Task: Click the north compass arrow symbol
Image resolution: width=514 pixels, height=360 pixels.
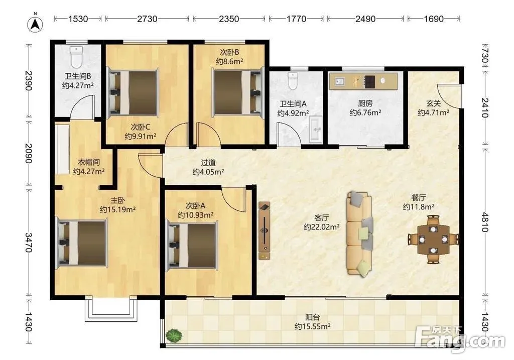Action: click(36, 24)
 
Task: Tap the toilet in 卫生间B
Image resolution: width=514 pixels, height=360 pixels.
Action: click(76, 57)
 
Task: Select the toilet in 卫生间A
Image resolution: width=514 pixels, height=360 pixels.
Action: click(292, 81)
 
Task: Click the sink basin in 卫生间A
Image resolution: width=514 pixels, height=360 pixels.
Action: click(316, 129)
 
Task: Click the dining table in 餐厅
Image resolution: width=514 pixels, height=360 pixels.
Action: click(433, 239)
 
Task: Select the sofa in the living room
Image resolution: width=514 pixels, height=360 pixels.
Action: click(359, 233)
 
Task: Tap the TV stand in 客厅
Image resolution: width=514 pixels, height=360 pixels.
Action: click(264, 231)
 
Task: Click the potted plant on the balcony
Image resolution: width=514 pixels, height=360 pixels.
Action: click(174, 335)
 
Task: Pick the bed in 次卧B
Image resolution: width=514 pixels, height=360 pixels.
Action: click(238, 91)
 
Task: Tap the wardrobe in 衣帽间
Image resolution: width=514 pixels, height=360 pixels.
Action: click(62, 149)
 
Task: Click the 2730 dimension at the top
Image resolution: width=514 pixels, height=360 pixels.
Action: click(147, 19)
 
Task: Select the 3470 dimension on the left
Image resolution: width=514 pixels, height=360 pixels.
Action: click(29, 243)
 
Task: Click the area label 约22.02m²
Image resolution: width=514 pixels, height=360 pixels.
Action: click(322, 227)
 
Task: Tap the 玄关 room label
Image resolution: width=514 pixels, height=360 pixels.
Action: click(433, 103)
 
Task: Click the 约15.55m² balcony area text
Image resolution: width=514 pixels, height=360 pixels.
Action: click(312, 326)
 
